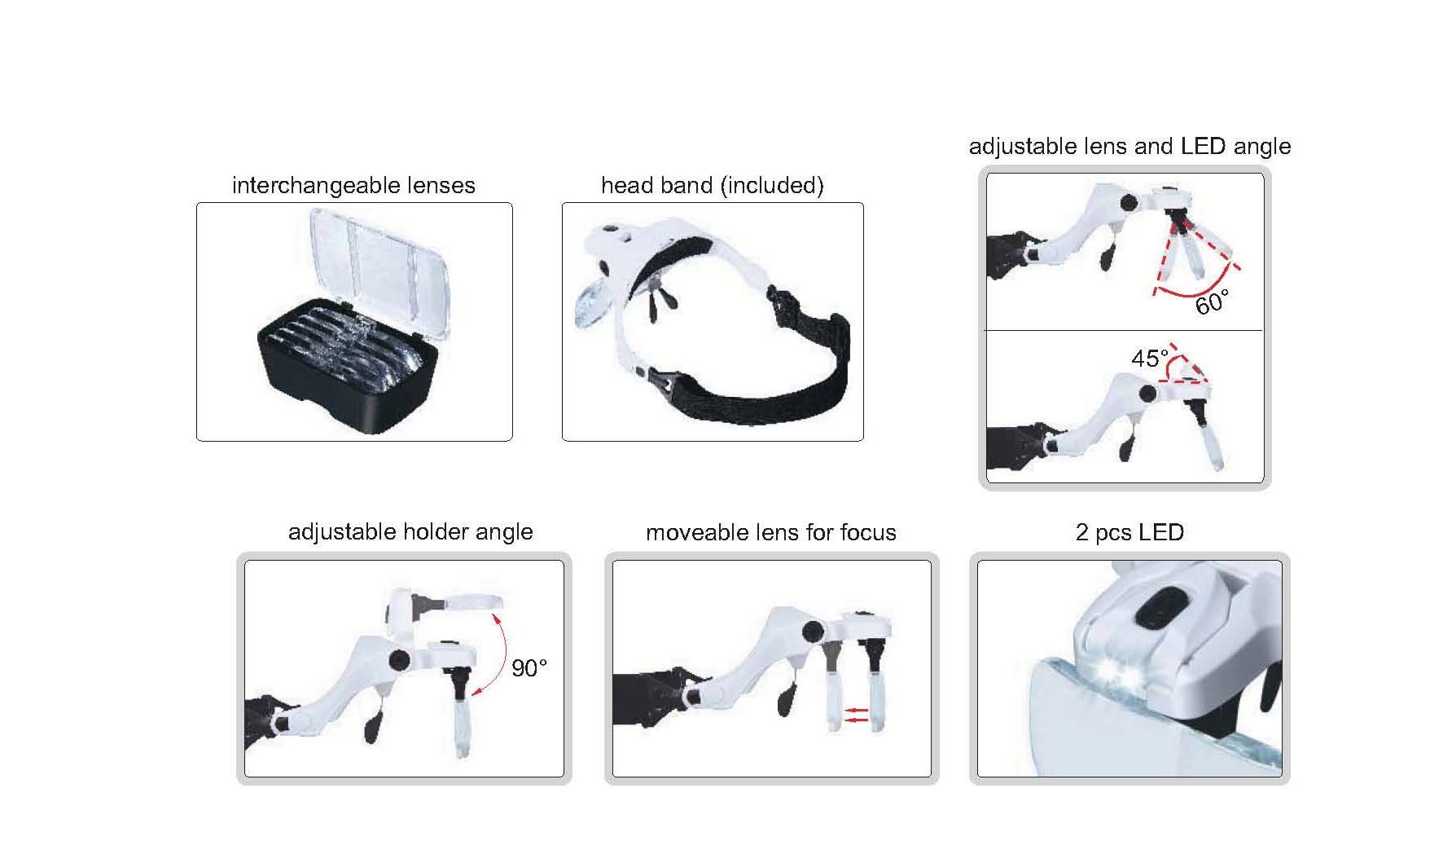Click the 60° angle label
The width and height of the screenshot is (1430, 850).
click(1211, 302)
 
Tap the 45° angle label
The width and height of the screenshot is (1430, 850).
click(1150, 358)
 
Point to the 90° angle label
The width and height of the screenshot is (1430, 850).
click(529, 668)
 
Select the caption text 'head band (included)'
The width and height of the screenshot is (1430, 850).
click(713, 186)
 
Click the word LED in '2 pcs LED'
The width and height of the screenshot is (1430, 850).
click(1160, 532)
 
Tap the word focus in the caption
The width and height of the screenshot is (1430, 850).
click(868, 533)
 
